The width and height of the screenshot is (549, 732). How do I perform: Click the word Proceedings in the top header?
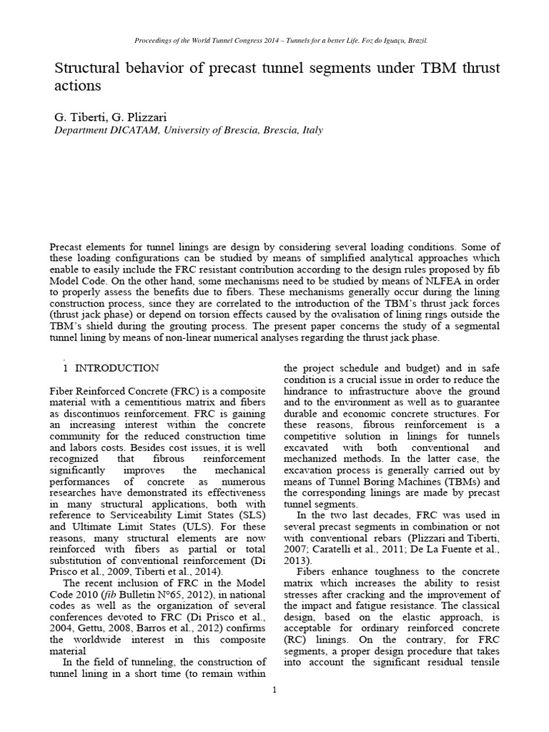pyautogui.click(x=155, y=41)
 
